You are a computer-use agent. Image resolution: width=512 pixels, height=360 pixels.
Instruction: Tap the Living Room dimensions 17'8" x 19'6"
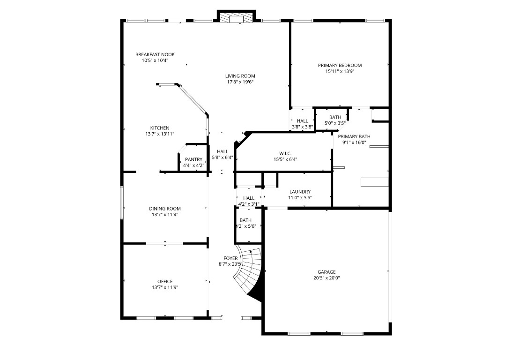240,82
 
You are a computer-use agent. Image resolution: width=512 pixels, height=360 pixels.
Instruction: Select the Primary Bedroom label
340,66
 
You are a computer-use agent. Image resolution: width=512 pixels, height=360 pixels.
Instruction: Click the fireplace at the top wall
237,17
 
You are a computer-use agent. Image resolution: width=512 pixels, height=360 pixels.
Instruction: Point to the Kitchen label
160,128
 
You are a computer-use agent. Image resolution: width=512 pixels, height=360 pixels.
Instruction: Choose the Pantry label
193,159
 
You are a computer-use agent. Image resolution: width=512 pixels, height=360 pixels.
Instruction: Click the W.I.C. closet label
285,153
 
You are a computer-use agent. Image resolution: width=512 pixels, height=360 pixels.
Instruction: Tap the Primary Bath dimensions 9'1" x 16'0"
354,142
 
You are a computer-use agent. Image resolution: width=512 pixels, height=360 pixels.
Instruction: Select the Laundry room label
300,192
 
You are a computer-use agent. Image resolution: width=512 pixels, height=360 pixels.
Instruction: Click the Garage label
326,272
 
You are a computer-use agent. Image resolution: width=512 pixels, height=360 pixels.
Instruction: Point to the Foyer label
230,258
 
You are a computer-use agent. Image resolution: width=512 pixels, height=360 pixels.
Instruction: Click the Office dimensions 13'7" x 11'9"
165,287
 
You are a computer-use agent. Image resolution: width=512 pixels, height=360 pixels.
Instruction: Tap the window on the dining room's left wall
122,202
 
